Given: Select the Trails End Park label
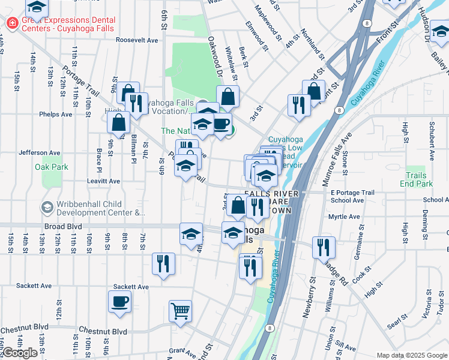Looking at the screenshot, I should click(x=419, y=179).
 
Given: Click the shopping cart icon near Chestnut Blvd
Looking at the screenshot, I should click(x=180, y=311).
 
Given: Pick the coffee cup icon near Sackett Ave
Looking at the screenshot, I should click(x=119, y=301).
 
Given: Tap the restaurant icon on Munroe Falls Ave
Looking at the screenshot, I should click(x=324, y=247).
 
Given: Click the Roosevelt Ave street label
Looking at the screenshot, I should click(x=137, y=40).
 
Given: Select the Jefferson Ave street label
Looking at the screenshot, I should click(x=40, y=153).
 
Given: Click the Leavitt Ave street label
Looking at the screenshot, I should click(x=103, y=181).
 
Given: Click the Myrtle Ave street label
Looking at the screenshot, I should click(x=345, y=217).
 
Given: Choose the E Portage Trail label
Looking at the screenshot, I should click(x=352, y=193).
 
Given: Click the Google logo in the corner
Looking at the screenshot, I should click(x=20, y=353).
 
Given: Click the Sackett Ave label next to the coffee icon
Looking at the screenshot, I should click(x=131, y=287).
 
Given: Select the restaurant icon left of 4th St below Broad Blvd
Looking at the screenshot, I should click(x=163, y=263).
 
